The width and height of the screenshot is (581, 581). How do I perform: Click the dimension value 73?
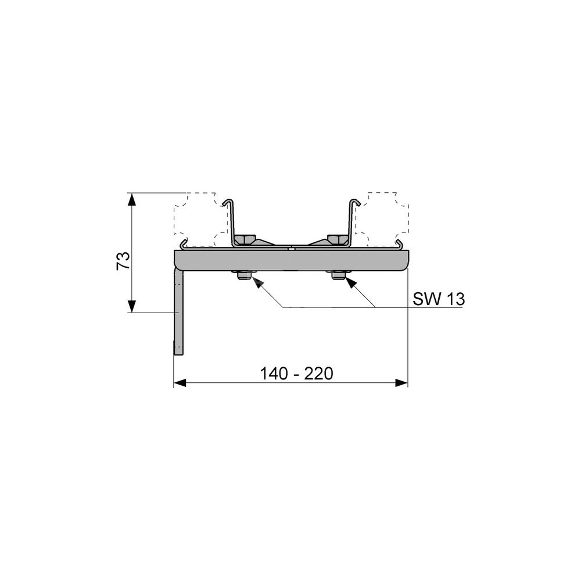123,261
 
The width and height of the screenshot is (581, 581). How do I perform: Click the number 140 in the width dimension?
274,374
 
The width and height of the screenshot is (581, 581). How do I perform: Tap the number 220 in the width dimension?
318,374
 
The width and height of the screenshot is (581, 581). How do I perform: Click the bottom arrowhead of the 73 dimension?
131,306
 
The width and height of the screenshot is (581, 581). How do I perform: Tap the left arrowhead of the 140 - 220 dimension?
181,383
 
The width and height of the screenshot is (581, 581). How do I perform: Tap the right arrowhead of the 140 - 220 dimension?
401,383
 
